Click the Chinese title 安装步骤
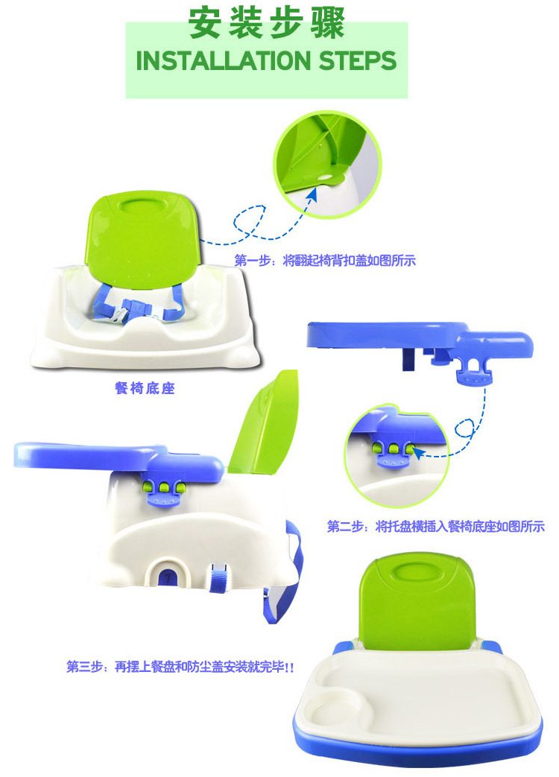click(267, 23)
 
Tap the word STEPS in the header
click(358, 61)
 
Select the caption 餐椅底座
click(145, 388)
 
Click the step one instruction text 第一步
click(325, 260)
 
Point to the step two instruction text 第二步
click(435, 526)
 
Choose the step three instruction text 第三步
click(180, 667)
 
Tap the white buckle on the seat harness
click(120, 314)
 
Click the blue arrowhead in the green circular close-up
click(312, 194)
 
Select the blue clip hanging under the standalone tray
click(474, 371)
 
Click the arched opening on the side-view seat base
click(169, 571)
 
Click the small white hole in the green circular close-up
click(325, 177)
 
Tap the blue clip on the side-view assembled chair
click(162, 494)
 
